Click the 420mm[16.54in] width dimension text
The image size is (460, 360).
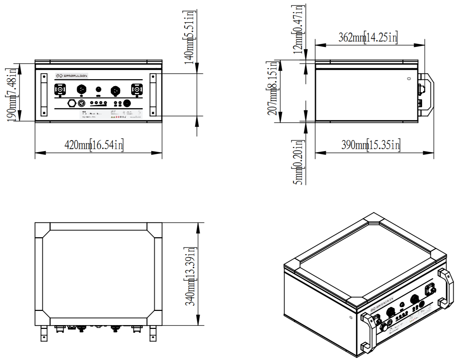click(94, 145)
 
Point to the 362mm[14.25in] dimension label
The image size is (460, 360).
click(367, 37)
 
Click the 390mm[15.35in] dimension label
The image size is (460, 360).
click(370, 145)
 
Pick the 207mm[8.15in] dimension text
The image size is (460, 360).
click(273, 88)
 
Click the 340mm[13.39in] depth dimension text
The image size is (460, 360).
click(190, 276)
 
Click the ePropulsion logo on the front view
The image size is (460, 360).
click(72, 75)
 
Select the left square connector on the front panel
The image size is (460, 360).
click(60, 90)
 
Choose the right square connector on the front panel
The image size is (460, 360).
click(137, 90)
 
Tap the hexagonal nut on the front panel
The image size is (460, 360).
click(72, 103)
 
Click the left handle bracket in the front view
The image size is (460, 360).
click(44, 94)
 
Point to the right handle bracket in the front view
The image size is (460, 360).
click(153, 94)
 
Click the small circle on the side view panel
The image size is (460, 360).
click(409, 79)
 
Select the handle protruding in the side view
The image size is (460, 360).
click(427, 94)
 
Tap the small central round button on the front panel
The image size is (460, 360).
click(98, 89)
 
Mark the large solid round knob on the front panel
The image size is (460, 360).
click(127, 103)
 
